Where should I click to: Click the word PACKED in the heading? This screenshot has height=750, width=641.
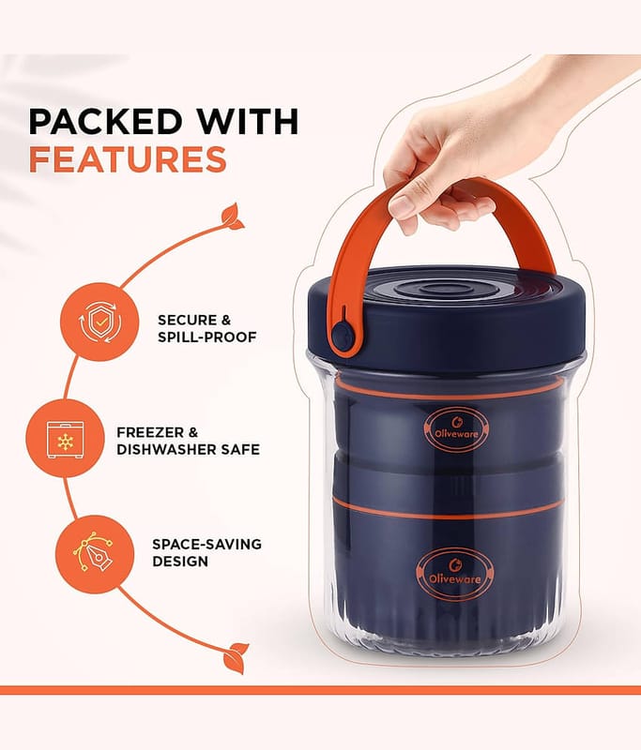(x=105, y=122)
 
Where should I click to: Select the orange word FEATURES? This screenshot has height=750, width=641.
(x=128, y=159)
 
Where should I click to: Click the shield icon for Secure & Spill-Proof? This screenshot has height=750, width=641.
(x=99, y=322)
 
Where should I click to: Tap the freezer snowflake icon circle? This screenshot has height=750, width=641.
(x=65, y=438)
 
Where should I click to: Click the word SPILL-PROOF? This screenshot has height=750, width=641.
(x=207, y=337)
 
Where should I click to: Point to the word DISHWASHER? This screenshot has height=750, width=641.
(x=166, y=450)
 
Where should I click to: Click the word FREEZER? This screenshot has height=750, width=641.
(x=150, y=432)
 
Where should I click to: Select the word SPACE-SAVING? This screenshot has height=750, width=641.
(x=206, y=545)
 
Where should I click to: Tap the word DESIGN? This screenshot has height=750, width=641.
(x=180, y=561)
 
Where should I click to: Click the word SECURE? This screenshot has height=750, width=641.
(x=186, y=320)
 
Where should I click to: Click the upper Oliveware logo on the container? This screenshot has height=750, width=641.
(x=456, y=429)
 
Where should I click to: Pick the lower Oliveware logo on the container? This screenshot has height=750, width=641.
(x=455, y=575)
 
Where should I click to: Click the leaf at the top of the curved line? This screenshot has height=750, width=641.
(x=233, y=217)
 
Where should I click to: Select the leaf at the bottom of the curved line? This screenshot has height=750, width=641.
(x=237, y=658)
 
